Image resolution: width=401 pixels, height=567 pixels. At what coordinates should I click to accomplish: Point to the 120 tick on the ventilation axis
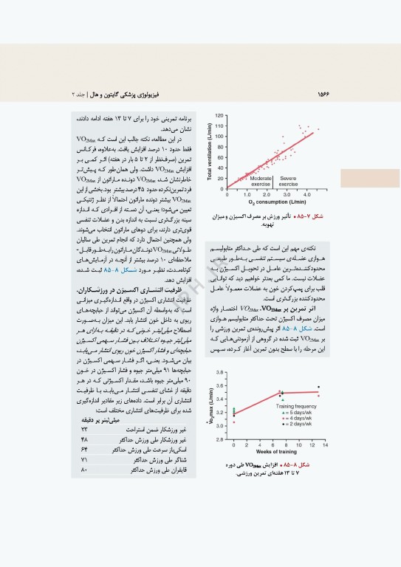220,116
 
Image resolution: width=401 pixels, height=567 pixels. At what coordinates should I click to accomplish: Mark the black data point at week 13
318,387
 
